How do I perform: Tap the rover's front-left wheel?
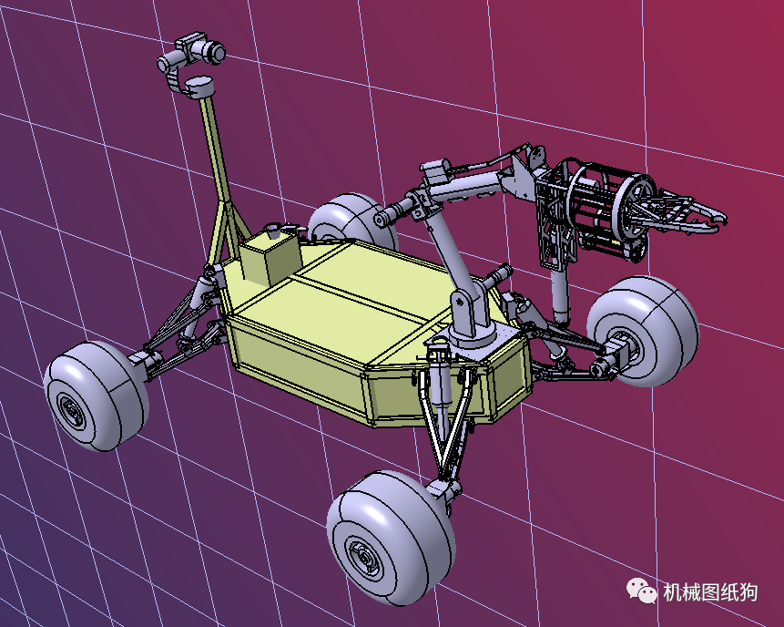96,396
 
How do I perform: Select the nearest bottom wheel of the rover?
391,537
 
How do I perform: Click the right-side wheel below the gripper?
643,331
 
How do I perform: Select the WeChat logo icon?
642,591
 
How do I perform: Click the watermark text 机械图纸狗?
710,592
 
